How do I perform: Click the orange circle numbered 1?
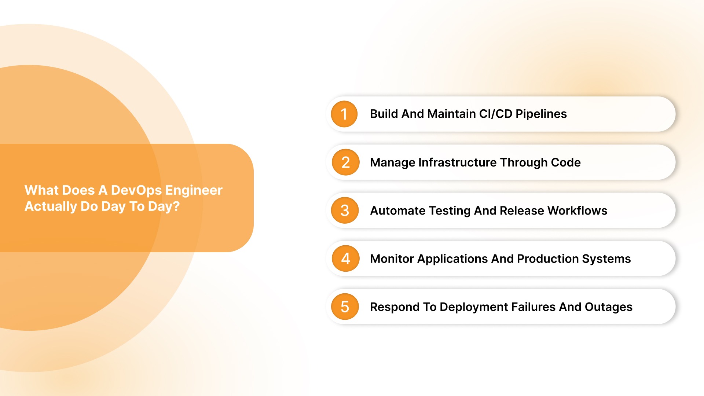[x=344, y=114]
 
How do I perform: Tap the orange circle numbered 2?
[x=345, y=162]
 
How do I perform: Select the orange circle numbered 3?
[x=344, y=210]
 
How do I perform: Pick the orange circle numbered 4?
[x=345, y=258]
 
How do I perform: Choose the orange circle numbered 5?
[x=344, y=307]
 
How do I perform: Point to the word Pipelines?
[x=541, y=114]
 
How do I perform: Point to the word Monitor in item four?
[x=392, y=259]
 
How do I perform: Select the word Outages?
[x=608, y=307]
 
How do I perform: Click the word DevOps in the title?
[x=136, y=190]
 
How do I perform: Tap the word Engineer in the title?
[x=194, y=190]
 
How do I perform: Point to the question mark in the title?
[x=176, y=206]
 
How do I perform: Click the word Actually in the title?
[x=51, y=206]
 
